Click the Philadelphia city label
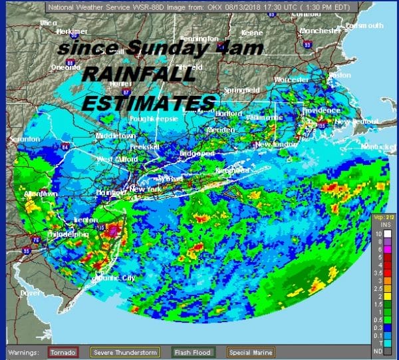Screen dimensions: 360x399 (x=67, y=234)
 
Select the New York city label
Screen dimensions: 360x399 (x=146, y=190)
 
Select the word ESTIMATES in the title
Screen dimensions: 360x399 (x=149, y=102)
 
